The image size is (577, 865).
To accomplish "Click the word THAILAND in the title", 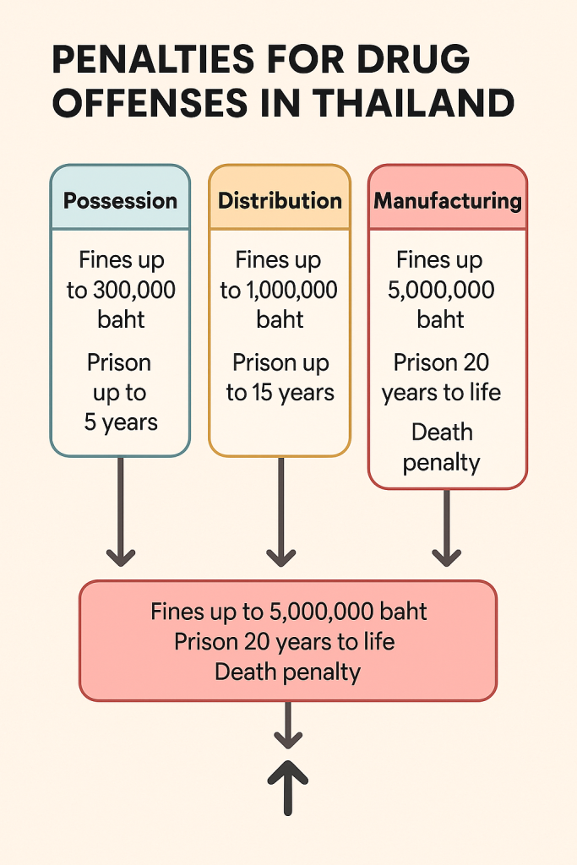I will pos(413,103).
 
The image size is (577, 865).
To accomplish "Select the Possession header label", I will pos(121,201).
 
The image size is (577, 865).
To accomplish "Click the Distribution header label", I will pos(280,201).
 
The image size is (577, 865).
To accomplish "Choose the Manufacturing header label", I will pos(448,201).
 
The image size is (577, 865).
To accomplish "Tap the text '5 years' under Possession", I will pos(121,422).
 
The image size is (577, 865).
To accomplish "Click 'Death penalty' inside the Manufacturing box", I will pos(441,448).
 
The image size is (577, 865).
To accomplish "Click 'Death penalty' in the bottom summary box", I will pos(287,672).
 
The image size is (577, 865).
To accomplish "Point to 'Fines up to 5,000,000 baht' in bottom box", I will pos(288,611).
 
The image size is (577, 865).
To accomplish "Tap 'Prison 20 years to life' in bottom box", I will pos(284,641).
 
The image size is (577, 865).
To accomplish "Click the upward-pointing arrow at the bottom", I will pos(288,773).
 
